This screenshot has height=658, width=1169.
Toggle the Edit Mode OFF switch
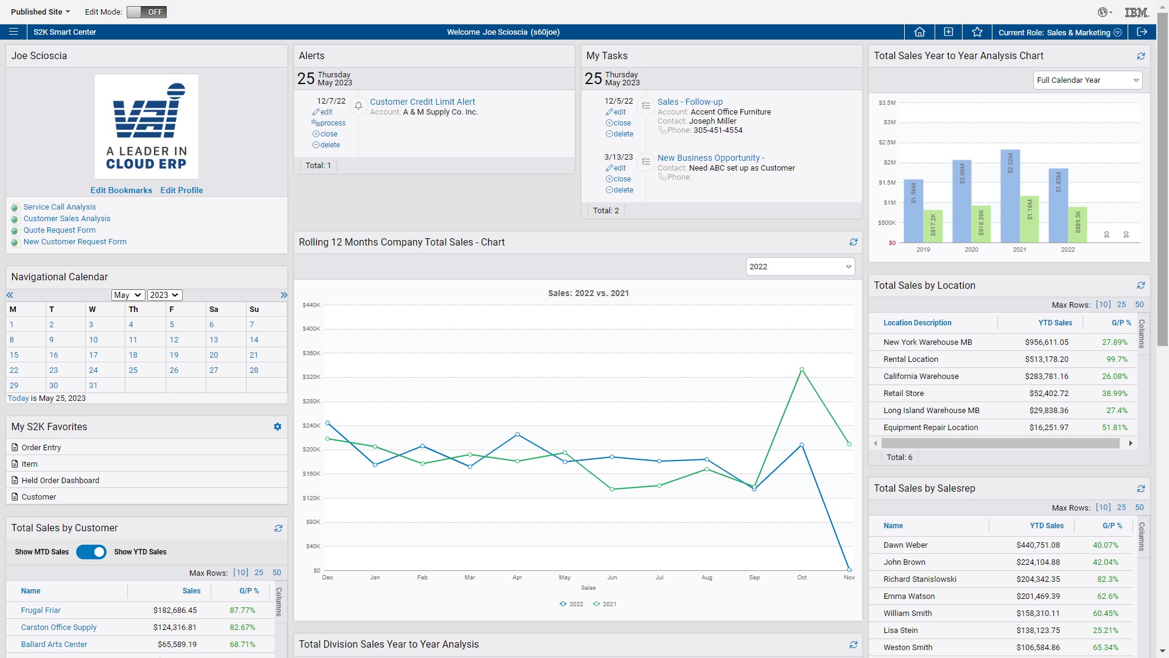point(146,12)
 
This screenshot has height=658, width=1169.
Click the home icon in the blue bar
point(919,32)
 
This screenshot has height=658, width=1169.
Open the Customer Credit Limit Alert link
point(422,102)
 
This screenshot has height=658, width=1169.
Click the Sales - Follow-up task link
point(690,102)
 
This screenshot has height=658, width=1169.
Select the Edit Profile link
point(181,190)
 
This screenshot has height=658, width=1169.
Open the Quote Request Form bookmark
point(59,230)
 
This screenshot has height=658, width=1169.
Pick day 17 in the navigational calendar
point(93,355)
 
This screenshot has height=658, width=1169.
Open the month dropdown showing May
point(128,295)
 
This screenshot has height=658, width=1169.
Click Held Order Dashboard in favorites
point(60,480)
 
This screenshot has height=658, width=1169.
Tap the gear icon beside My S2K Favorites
point(278,426)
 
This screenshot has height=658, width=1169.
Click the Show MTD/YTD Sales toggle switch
point(91,552)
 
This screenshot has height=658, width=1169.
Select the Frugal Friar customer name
point(41,610)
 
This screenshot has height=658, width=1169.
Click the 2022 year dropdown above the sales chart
point(800,267)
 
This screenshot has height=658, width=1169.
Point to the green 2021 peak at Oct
point(802,369)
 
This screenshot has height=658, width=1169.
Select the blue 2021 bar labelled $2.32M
point(1010,195)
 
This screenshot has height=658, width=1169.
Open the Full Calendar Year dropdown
point(1087,80)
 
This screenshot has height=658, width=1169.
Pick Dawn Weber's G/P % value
point(1105,545)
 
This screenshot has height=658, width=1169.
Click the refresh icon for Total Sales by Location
point(1140,285)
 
